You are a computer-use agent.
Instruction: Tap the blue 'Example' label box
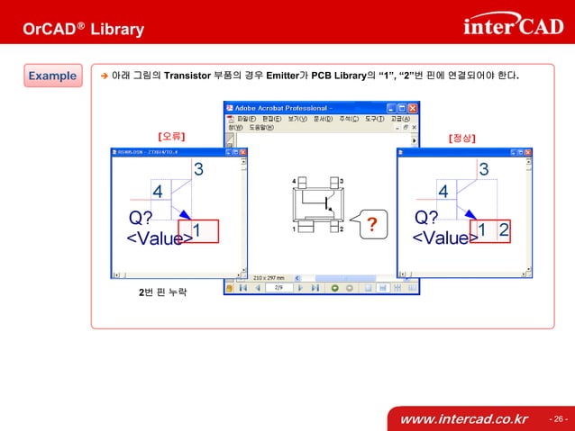pyautogui.click(x=52, y=76)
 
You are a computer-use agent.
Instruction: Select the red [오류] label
pyautogui.click(x=171, y=137)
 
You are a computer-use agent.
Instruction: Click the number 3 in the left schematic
pyautogui.click(x=198, y=169)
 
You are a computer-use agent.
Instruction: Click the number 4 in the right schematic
pyautogui.click(x=443, y=192)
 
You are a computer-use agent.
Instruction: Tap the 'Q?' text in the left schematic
pyautogui.click(x=141, y=217)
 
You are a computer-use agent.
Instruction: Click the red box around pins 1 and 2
pyautogui.click(x=493, y=231)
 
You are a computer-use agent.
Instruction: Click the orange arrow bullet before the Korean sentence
pyautogui.click(x=104, y=76)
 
